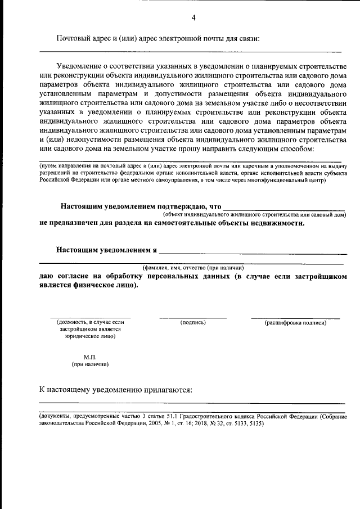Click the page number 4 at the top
(x=193, y=17)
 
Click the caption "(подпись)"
(x=192, y=322)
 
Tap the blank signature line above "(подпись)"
(x=192, y=318)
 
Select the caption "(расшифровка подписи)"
(x=295, y=322)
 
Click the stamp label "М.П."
(x=90, y=357)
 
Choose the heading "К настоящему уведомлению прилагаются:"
(x=116, y=389)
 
